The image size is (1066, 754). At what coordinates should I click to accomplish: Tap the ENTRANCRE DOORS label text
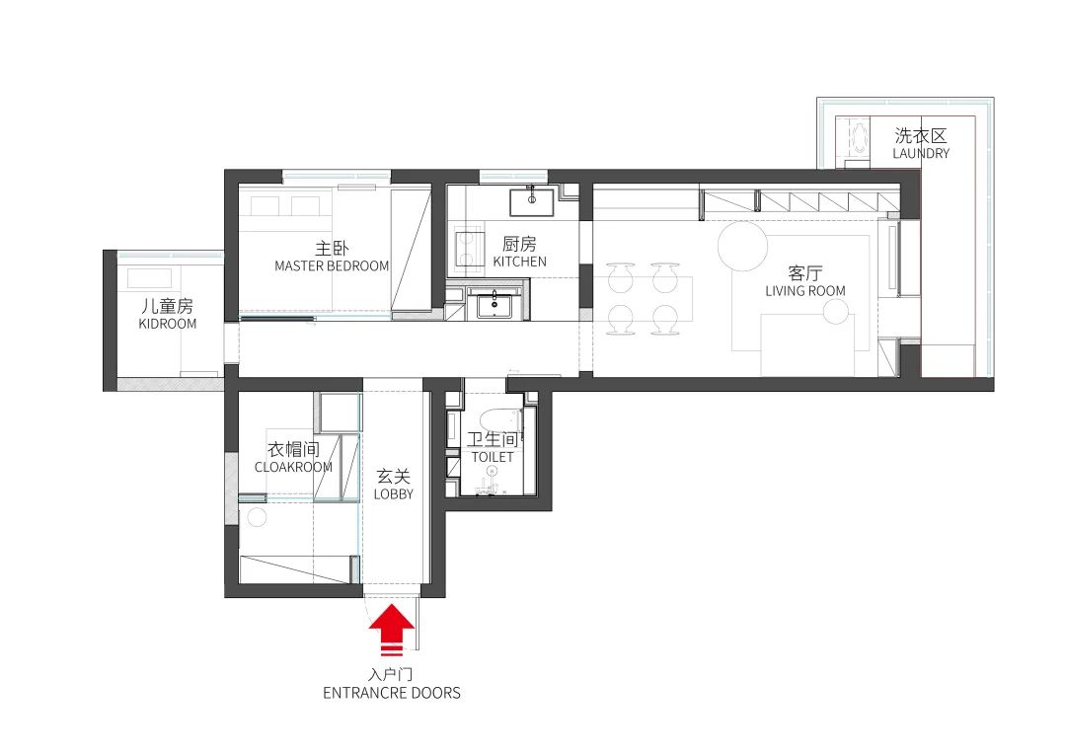392,693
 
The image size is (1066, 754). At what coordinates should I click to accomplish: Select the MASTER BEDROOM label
332,265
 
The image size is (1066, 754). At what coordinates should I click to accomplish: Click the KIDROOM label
167,323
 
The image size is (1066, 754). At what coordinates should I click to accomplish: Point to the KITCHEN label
519,262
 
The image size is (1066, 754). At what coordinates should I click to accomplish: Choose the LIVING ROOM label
805,291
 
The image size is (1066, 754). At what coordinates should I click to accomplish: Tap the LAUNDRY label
920,153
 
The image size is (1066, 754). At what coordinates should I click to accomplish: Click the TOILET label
492,458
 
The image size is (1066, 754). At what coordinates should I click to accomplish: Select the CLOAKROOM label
293,467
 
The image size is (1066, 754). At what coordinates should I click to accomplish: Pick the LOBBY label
393,493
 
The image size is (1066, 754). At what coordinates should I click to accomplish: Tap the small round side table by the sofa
835,313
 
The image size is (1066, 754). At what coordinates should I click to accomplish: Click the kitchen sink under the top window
531,202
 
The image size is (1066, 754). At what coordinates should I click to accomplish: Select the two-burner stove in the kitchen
464,251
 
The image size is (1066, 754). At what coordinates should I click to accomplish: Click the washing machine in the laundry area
854,139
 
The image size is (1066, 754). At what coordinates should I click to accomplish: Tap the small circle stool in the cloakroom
258,516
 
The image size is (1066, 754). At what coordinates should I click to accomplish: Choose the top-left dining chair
620,276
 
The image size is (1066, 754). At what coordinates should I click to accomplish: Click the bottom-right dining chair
663,318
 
